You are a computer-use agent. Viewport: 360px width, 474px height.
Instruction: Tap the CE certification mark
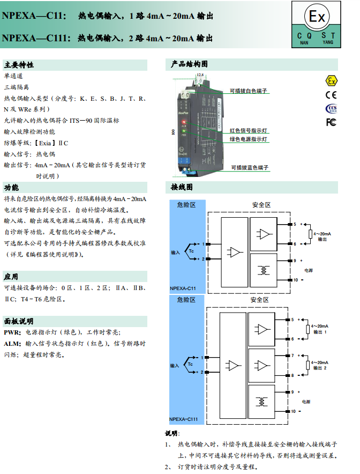[x=332, y=95]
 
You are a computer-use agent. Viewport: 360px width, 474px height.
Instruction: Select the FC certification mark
[x=332, y=122]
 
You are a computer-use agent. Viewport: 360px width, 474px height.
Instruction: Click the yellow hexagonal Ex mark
[x=332, y=81]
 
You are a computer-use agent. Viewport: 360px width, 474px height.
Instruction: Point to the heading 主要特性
[x=19, y=65]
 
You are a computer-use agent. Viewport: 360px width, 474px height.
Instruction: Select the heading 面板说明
[x=19, y=321]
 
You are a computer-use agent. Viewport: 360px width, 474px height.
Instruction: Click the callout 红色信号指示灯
[x=249, y=130]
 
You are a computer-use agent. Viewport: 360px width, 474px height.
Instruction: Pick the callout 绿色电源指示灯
[x=249, y=139]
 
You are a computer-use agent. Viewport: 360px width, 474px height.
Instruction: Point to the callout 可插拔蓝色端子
[x=250, y=167]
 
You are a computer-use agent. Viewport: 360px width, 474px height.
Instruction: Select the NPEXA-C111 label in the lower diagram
[x=184, y=419]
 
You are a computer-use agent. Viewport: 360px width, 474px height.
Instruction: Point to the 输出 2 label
[x=321, y=368]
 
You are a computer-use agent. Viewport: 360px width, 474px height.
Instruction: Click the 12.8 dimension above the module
[x=200, y=75]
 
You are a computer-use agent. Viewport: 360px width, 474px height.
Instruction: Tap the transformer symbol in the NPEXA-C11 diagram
[x=264, y=270]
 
